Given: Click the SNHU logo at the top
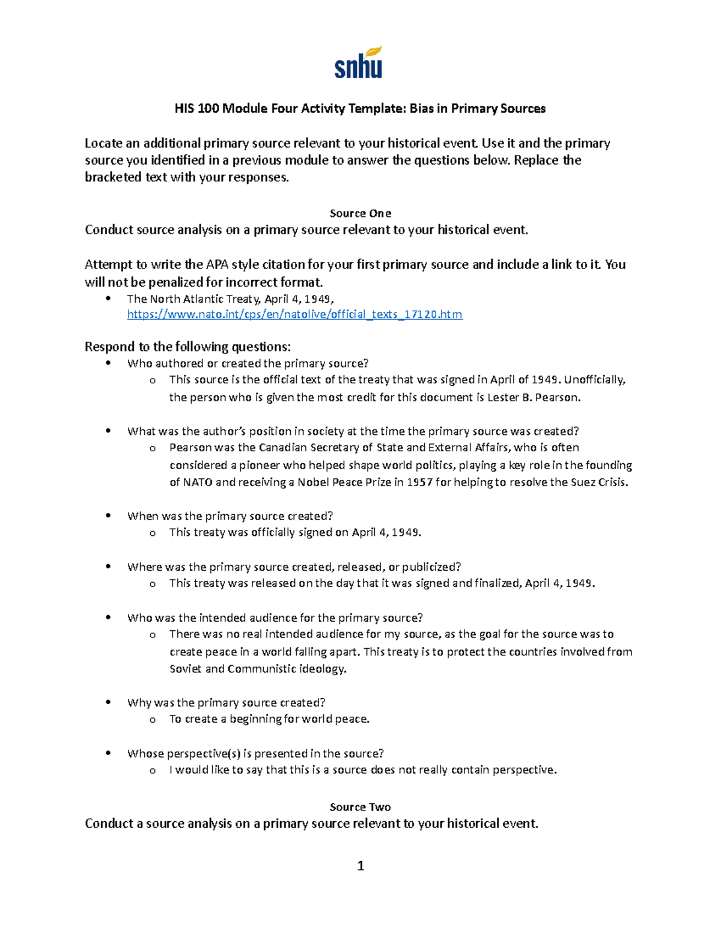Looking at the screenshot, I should [x=359, y=63].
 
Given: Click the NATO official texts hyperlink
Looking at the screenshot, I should [x=294, y=314].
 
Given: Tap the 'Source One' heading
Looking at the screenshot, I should [x=360, y=213].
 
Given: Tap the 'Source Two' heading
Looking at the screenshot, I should [x=360, y=807].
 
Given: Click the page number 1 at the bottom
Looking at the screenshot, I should [x=360, y=865].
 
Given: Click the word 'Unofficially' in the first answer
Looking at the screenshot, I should [x=594, y=380].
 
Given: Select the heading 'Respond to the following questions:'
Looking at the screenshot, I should [x=187, y=347].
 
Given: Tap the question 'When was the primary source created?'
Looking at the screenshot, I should [x=230, y=516].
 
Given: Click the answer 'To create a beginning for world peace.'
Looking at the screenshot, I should [x=269, y=719].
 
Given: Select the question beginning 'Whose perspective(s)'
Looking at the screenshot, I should [x=255, y=753].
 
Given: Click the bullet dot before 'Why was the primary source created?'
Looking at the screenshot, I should [x=108, y=703].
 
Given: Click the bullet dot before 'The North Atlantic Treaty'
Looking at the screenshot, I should [x=108, y=299].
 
